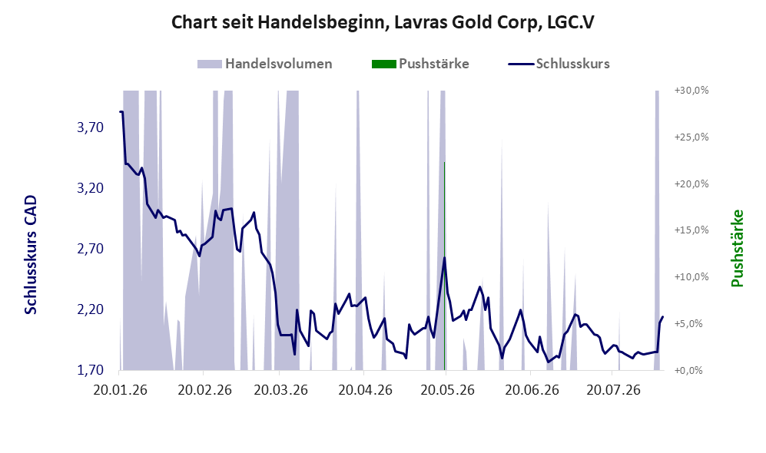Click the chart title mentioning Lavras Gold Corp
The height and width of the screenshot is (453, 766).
tap(383, 22)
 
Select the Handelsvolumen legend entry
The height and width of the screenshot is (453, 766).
tap(265, 64)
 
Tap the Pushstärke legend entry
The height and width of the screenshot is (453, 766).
tap(420, 64)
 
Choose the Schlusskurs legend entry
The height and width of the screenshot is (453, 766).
tap(559, 64)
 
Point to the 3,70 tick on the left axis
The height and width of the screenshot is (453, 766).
tap(91, 127)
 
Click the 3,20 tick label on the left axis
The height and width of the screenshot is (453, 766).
tap(91, 188)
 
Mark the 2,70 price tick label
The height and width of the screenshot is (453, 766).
tap(91, 249)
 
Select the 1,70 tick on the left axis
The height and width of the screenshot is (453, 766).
tap(91, 369)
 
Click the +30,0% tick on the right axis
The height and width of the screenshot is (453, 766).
tap(691, 91)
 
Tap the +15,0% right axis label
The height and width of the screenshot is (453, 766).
tap(691, 230)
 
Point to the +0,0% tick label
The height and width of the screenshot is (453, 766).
tap(689, 370)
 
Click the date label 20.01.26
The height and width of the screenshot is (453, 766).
tap(120, 390)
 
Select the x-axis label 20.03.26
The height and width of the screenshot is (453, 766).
tap(281, 390)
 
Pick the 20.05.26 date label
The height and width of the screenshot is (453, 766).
tap(447, 390)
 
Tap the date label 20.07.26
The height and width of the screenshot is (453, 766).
tap(614, 390)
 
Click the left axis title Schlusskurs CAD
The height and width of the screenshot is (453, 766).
tap(30, 255)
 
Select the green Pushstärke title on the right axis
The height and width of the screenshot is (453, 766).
tap(737, 249)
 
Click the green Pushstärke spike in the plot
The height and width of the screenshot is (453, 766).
tap(445, 266)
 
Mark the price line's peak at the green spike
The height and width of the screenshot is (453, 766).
tap(445, 257)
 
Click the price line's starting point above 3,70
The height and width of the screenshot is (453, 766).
tap(120, 112)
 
